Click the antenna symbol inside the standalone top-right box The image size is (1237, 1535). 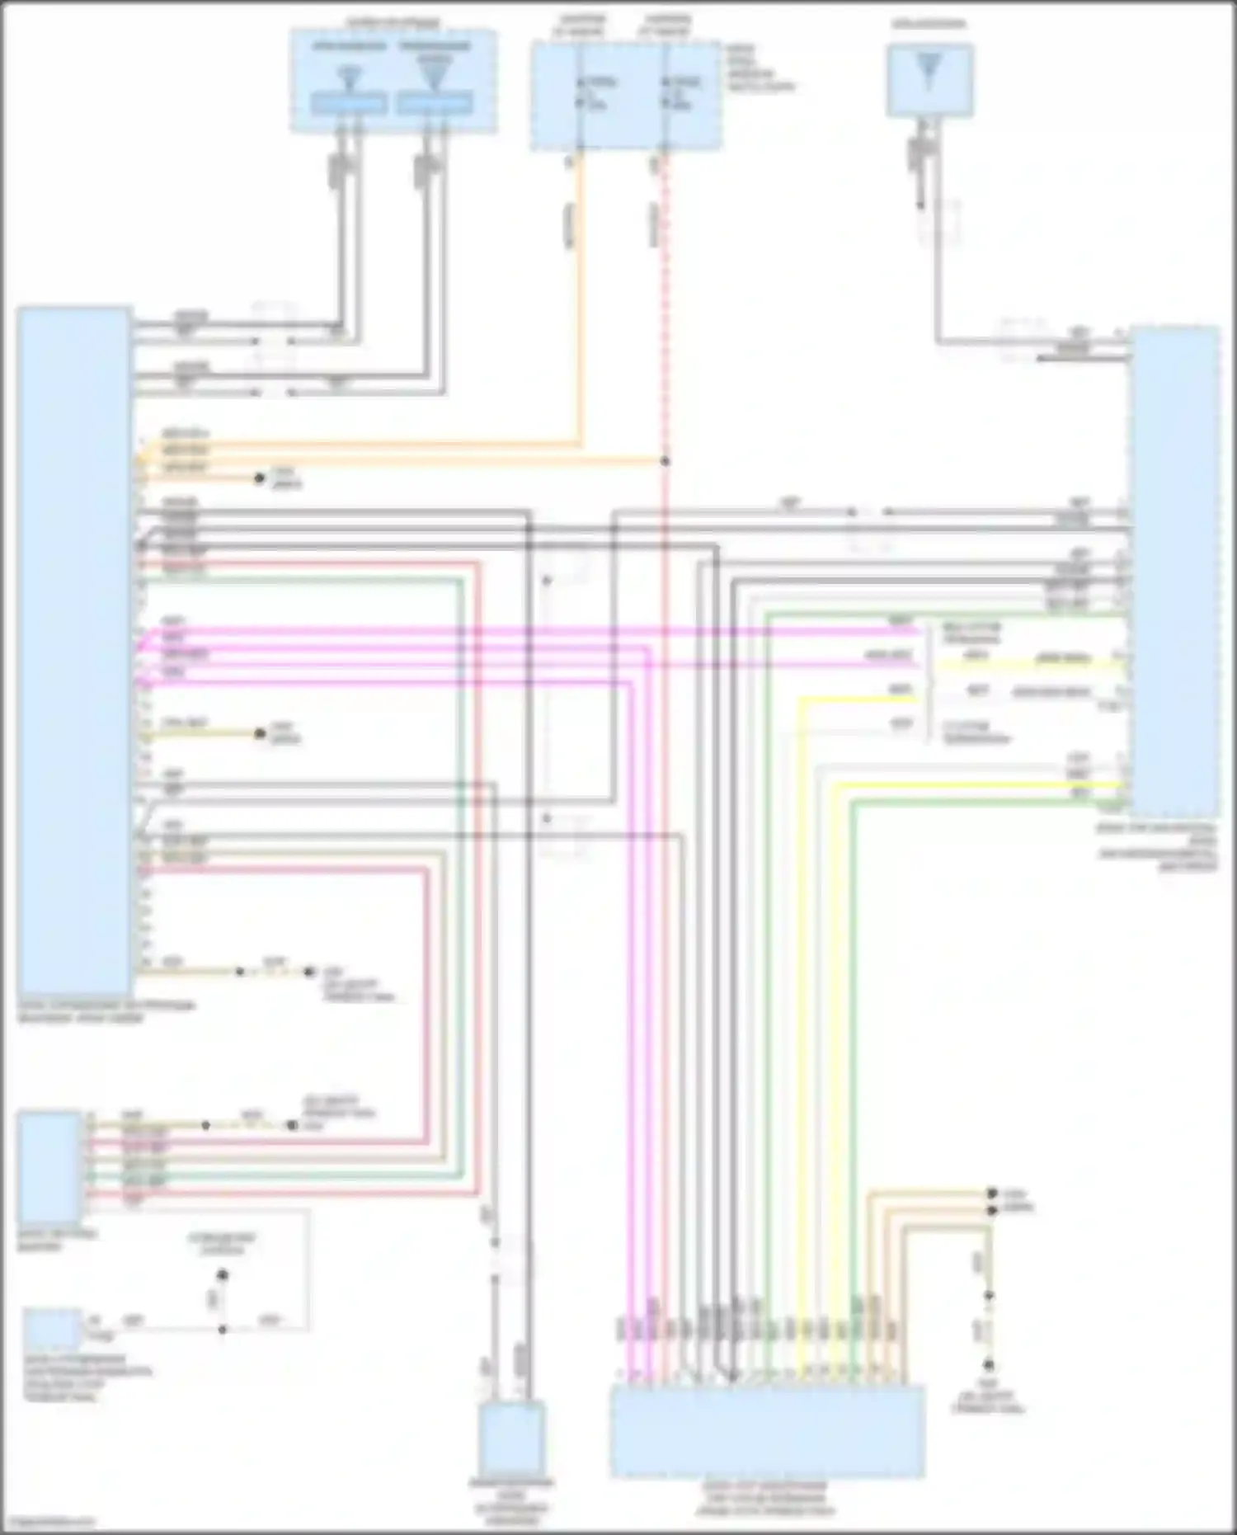[x=929, y=71]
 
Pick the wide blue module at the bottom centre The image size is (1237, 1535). [x=767, y=1432]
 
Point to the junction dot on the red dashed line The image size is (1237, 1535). [x=665, y=462]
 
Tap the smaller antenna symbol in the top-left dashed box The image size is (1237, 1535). [x=350, y=78]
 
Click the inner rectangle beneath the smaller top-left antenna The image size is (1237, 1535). [x=349, y=105]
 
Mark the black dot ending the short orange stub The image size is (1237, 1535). [x=260, y=478]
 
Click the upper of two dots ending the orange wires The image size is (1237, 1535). [x=992, y=1194]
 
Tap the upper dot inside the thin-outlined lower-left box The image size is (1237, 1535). [x=221, y=1276]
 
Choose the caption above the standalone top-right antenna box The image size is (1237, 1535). [x=929, y=26]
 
